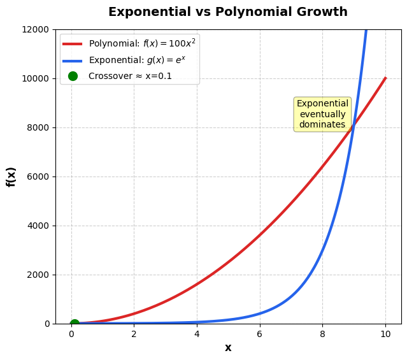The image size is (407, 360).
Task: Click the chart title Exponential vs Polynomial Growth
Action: [228, 12]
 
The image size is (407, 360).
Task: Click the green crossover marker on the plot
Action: [75, 324]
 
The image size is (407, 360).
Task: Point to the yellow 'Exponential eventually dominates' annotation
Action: [322, 114]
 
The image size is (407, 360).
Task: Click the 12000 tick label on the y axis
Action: [37, 29]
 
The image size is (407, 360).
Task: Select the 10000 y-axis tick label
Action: [37, 78]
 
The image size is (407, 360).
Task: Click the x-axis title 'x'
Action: [228, 348]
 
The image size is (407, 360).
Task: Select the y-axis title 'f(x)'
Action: [11, 176]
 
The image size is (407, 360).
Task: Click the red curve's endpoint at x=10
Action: [385, 78]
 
